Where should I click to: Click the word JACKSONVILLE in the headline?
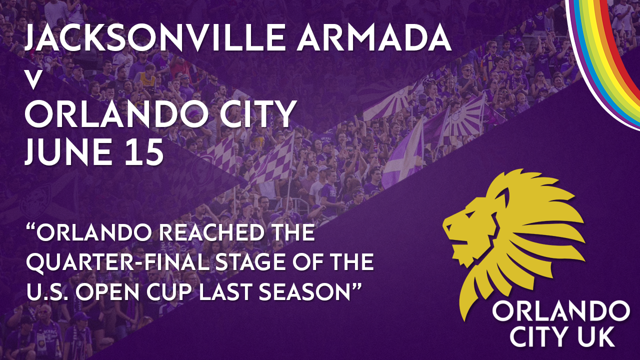tap(154, 37)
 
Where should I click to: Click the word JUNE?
tap(68, 151)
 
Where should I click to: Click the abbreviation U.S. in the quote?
tap(45, 291)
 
